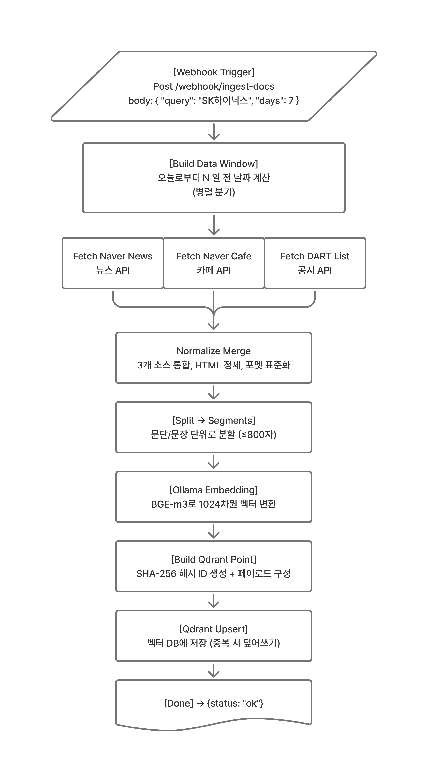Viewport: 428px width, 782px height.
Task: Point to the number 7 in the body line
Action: coord(291,101)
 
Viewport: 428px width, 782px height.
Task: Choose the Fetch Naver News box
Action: coord(112,263)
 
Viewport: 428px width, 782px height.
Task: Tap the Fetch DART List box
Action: coord(315,263)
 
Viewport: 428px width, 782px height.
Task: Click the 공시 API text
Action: coord(315,270)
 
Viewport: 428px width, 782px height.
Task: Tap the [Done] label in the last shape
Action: coord(178,703)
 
